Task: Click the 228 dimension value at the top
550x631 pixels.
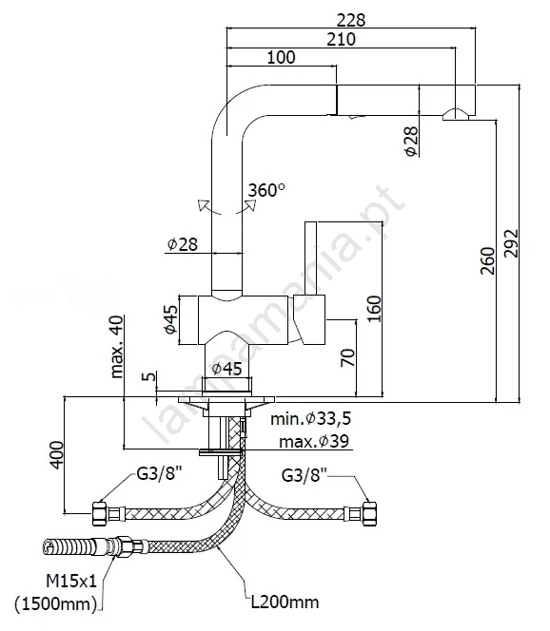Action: (x=350, y=20)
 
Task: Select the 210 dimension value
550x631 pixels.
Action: (x=341, y=39)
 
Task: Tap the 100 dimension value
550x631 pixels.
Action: (x=281, y=57)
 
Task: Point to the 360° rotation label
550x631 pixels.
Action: (x=266, y=190)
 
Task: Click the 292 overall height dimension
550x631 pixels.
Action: (x=511, y=243)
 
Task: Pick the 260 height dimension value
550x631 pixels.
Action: (x=487, y=261)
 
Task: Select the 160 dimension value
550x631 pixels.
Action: (x=374, y=309)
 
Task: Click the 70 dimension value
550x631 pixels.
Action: (x=348, y=357)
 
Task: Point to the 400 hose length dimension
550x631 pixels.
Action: (x=57, y=455)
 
